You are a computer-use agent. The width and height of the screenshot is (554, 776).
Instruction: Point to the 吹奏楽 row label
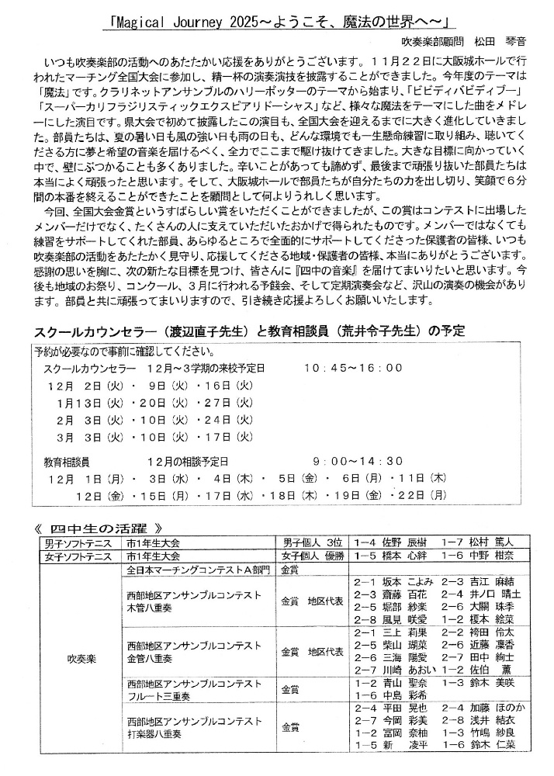point(81,665)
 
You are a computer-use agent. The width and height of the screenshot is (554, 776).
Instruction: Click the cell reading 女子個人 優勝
point(312,556)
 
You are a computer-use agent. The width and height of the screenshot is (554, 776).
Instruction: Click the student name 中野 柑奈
point(494,556)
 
